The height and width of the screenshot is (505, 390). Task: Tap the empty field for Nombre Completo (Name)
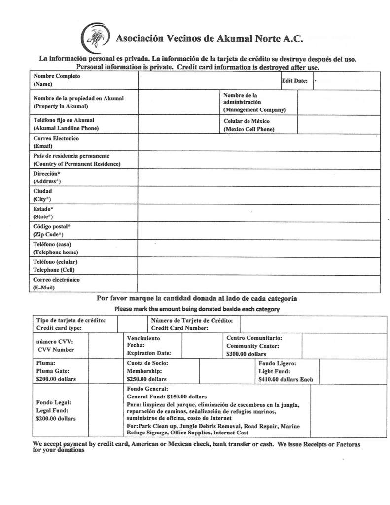(x=209, y=80)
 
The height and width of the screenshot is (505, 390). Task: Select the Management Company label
(x=254, y=110)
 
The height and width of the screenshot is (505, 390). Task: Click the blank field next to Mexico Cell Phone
(x=338, y=125)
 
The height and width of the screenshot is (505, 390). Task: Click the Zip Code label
(x=48, y=235)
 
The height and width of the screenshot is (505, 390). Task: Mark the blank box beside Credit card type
(x=132, y=324)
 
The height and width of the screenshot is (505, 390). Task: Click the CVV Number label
(x=56, y=350)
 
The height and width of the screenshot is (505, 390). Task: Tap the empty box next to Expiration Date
(x=202, y=345)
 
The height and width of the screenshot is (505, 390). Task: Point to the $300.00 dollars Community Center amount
(x=246, y=354)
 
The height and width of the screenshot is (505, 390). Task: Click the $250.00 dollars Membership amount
(x=146, y=379)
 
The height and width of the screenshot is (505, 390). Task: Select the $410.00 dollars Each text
(x=285, y=380)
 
